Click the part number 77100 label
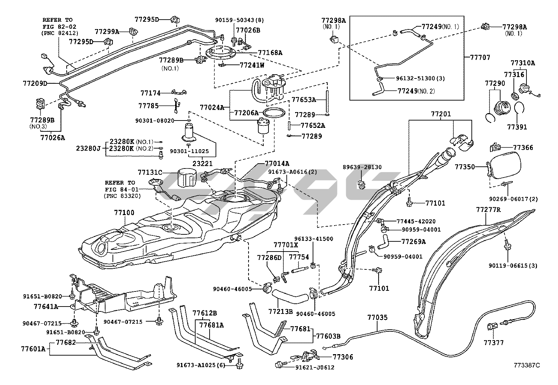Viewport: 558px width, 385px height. [124, 213]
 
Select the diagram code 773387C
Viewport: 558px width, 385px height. [527, 365]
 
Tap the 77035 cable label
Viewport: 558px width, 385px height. [377, 318]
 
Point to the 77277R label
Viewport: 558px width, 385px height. [488, 210]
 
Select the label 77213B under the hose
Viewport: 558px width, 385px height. [280, 311]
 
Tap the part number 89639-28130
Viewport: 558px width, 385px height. [362, 167]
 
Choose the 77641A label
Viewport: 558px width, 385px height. [46, 306]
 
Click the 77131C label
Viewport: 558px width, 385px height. [150, 172]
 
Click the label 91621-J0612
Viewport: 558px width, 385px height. [314, 367]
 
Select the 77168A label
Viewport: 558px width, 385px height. [270, 53]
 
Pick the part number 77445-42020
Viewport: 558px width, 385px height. [416, 221]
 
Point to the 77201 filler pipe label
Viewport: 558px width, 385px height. [441, 114]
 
